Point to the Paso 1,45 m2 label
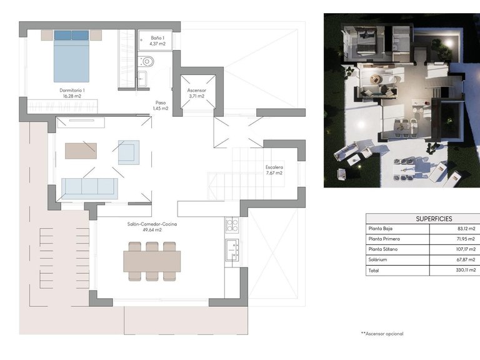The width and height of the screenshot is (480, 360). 161,105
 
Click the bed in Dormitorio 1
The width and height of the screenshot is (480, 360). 72,56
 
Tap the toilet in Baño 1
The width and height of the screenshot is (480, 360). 146,61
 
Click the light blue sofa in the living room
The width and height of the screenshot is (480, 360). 89,187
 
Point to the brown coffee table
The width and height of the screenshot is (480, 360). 81,151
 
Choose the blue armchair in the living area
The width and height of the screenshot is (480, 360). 129,151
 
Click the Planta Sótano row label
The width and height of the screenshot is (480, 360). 384,249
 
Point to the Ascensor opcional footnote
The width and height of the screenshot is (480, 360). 382,334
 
